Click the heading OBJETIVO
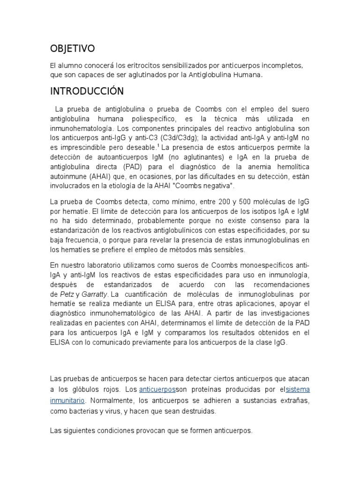click(x=72, y=48)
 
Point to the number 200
click(x=214, y=202)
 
